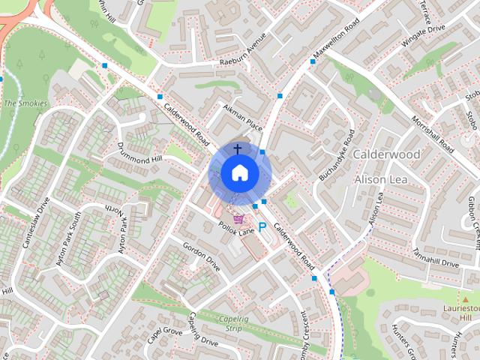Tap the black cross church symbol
coord(238,149)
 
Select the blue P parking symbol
coord(262,226)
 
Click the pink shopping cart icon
coord(239,220)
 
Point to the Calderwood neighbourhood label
coord(386,154)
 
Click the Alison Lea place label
coord(380,179)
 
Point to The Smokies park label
coord(25,103)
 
